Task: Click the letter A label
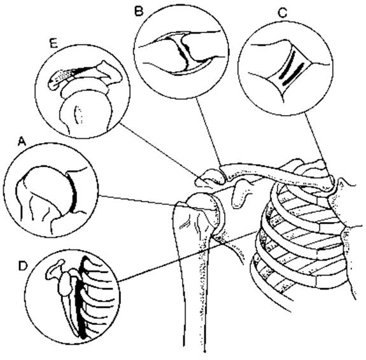point(22,141)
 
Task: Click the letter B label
point(139,11)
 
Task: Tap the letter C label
point(283,13)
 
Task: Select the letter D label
point(23,267)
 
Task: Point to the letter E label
point(53,44)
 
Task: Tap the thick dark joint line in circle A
point(73,192)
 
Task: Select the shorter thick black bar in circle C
point(293,74)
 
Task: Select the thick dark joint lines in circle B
point(185,53)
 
